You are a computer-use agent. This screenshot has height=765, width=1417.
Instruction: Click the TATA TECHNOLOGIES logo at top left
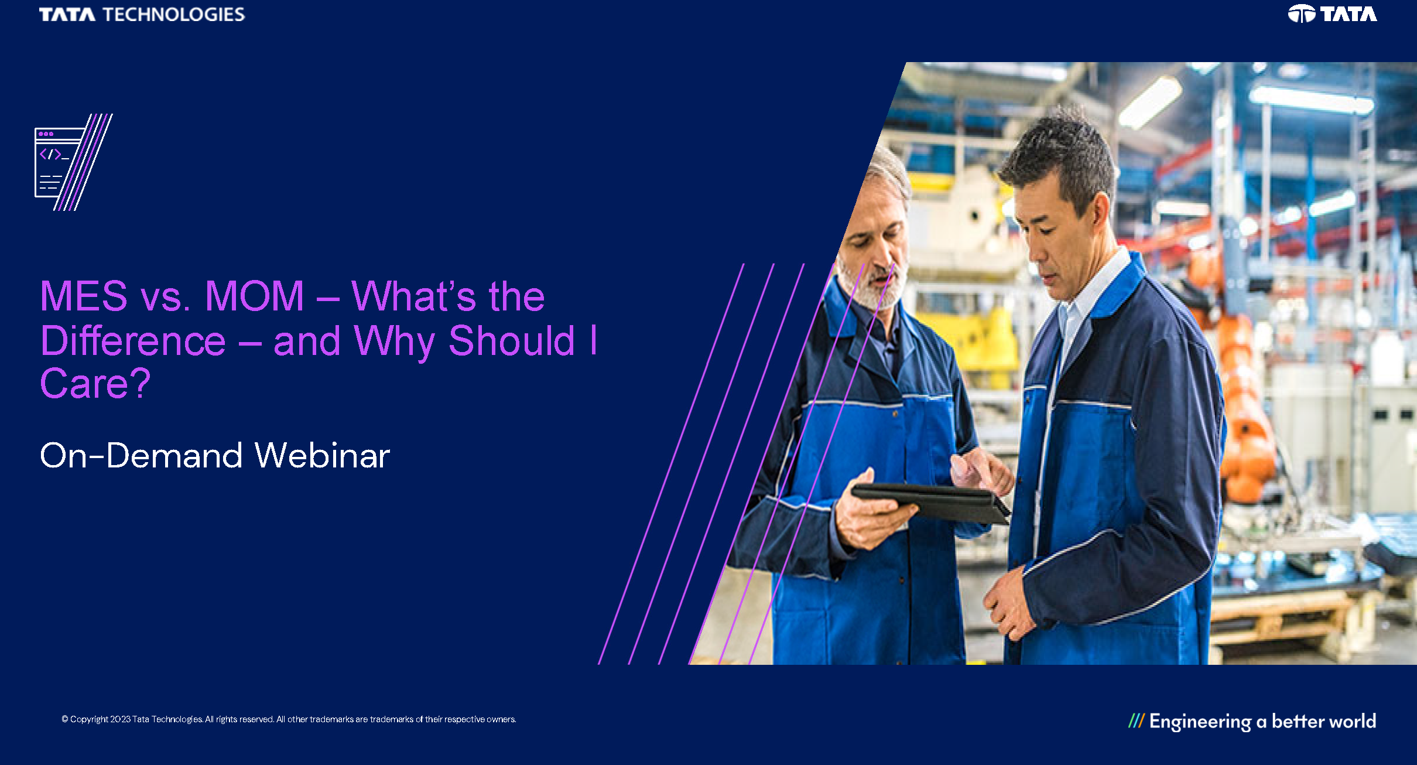coord(142,14)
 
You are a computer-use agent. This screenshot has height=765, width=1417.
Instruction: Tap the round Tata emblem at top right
coord(1301,13)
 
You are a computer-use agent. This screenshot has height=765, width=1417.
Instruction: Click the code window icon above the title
coord(73,162)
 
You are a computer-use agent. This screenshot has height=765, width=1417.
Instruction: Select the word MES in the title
coord(84,296)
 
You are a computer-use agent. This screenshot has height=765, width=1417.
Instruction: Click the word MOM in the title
coord(254,296)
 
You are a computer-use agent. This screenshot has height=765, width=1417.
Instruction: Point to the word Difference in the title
coord(133,341)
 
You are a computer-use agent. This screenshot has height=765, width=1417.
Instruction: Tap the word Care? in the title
coord(95,384)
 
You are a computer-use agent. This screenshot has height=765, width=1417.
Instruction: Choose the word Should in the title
coord(512,341)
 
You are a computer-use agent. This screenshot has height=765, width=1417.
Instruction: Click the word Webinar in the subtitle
coord(323,456)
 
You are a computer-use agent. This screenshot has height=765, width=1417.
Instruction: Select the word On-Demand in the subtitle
coord(141,456)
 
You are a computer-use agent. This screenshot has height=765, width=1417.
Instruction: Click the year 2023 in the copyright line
coord(120,719)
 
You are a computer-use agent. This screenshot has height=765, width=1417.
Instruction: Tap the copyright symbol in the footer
coord(65,719)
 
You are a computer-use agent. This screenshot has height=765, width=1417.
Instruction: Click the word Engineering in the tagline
coord(1200,722)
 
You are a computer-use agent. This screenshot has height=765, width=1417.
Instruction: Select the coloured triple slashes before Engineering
coord(1137,720)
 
